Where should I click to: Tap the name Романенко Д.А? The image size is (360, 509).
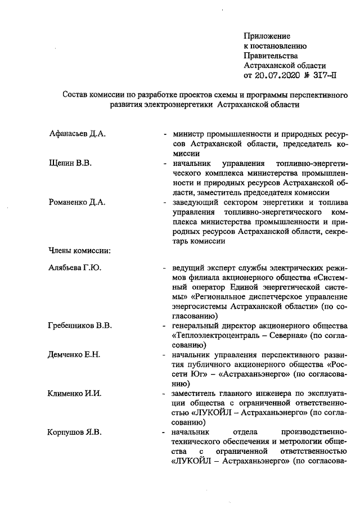[77, 203]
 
